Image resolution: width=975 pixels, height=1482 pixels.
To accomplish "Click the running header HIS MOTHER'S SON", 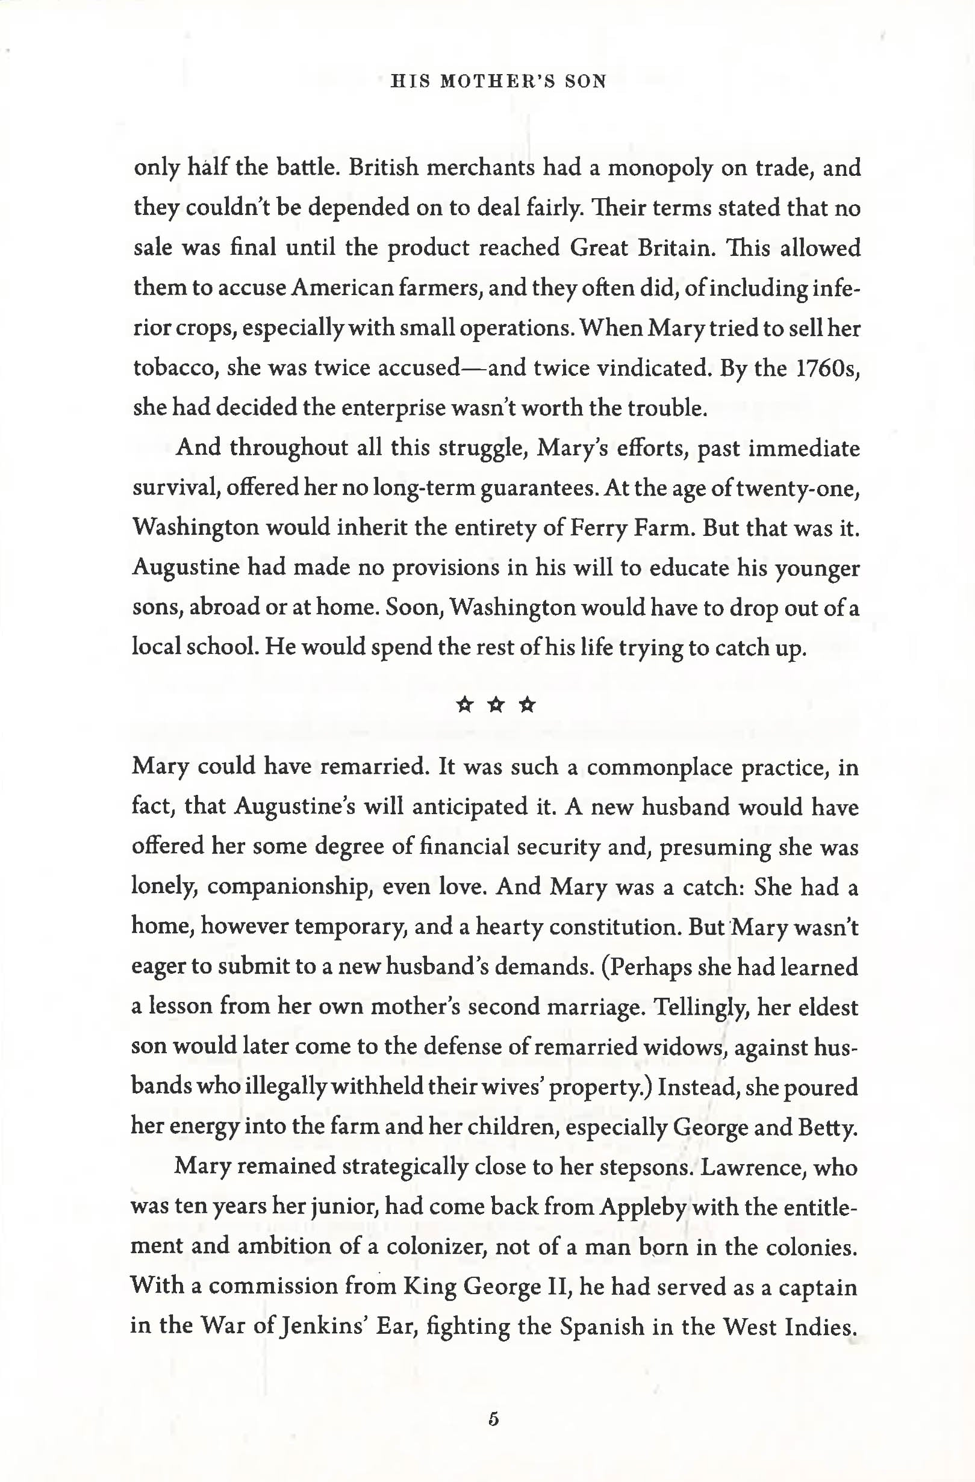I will (498, 81).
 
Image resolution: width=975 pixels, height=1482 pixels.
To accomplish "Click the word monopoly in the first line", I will (660, 169).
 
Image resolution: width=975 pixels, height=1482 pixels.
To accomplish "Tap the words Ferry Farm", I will (630, 528).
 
